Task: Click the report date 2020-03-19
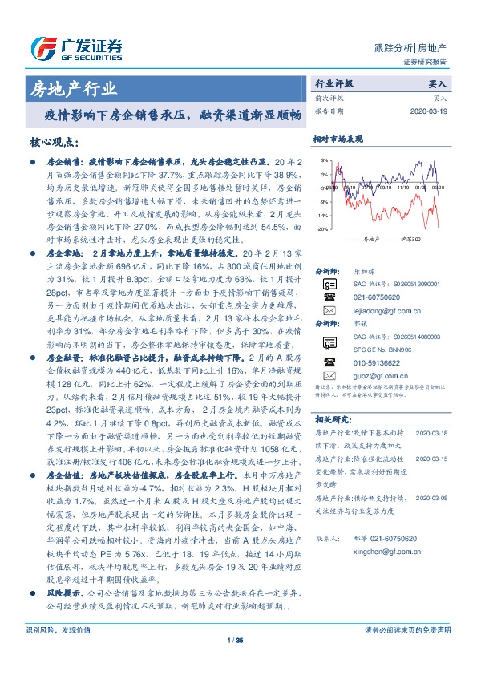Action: [x=431, y=111]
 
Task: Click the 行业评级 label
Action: [x=334, y=83]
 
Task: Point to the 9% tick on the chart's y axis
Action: [x=324, y=160]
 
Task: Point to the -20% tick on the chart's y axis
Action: [x=322, y=229]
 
